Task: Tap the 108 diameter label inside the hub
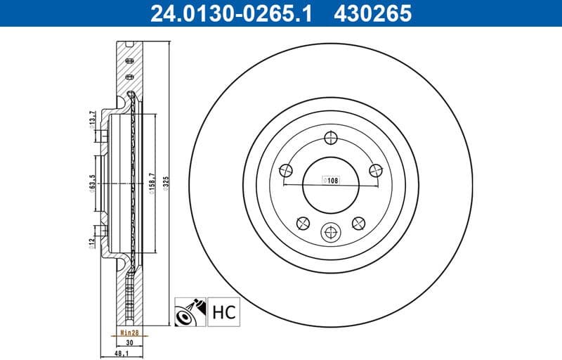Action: pyautogui.click(x=330, y=180)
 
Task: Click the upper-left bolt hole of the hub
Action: pyautogui.click(x=285, y=169)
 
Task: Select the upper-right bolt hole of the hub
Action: pyautogui.click(x=376, y=169)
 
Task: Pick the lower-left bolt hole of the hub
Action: pyautogui.click(x=303, y=223)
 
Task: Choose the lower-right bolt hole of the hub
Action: pyautogui.click(x=358, y=223)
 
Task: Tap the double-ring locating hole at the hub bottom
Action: pyautogui.click(x=330, y=233)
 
